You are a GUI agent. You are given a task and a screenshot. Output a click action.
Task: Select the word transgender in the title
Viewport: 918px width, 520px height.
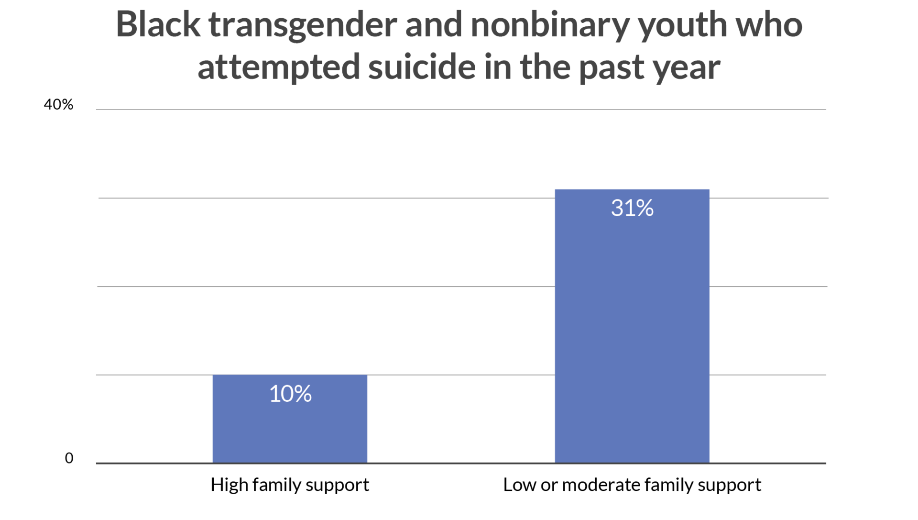point(303,26)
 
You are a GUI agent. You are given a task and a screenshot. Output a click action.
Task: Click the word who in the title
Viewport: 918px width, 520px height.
point(769,24)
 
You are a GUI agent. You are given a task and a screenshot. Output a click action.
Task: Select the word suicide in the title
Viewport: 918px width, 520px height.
point(422,67)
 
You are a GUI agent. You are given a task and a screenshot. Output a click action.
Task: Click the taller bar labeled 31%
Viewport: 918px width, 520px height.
point(632,335)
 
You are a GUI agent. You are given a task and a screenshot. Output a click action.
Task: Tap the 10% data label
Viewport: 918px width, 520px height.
point(290,394)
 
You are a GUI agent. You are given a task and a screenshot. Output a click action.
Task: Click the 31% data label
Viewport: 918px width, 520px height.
point(632,208)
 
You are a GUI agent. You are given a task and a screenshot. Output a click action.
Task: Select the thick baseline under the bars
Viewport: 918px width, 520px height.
point(459,463)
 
